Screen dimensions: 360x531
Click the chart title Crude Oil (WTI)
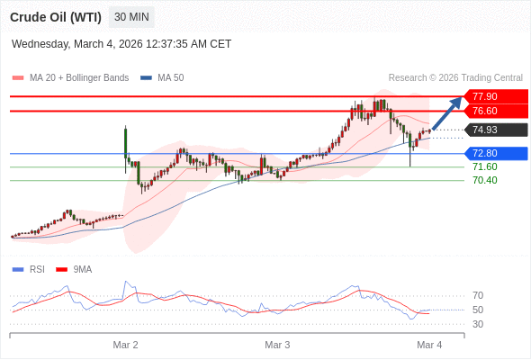[x=55, y=17]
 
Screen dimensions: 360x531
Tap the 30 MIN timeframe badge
[x=131, y=17]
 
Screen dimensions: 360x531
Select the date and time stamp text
[x=121, y=43]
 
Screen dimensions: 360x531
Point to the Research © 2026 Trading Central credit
[x=455, y=78]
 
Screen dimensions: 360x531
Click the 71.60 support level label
[x=484, y=166]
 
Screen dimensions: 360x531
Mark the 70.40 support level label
[x=484, y=180]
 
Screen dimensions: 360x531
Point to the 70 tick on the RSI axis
[x=478, y=295]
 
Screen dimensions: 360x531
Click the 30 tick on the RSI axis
[x=478, y=324]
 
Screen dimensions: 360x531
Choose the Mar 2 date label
[x=125, y=345]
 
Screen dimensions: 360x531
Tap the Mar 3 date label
[x=277, y=345]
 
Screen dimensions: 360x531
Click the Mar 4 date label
[x=429, y=345]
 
